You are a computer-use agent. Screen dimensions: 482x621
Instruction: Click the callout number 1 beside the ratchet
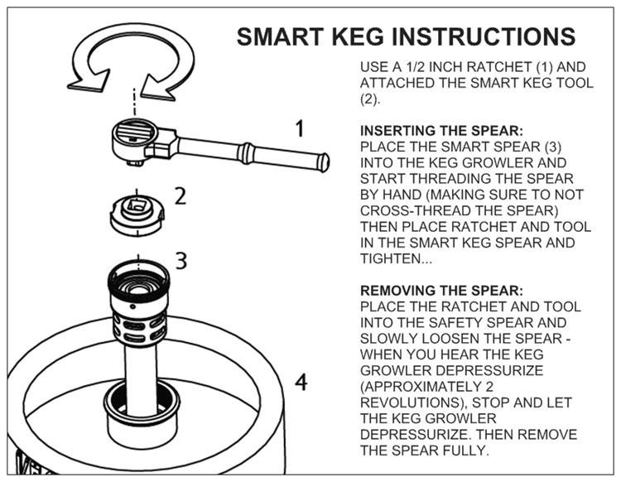300,129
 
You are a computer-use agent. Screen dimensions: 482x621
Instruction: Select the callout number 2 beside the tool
180,196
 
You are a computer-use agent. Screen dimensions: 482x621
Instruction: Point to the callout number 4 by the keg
301,383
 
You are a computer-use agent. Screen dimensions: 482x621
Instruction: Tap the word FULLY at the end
465,450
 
